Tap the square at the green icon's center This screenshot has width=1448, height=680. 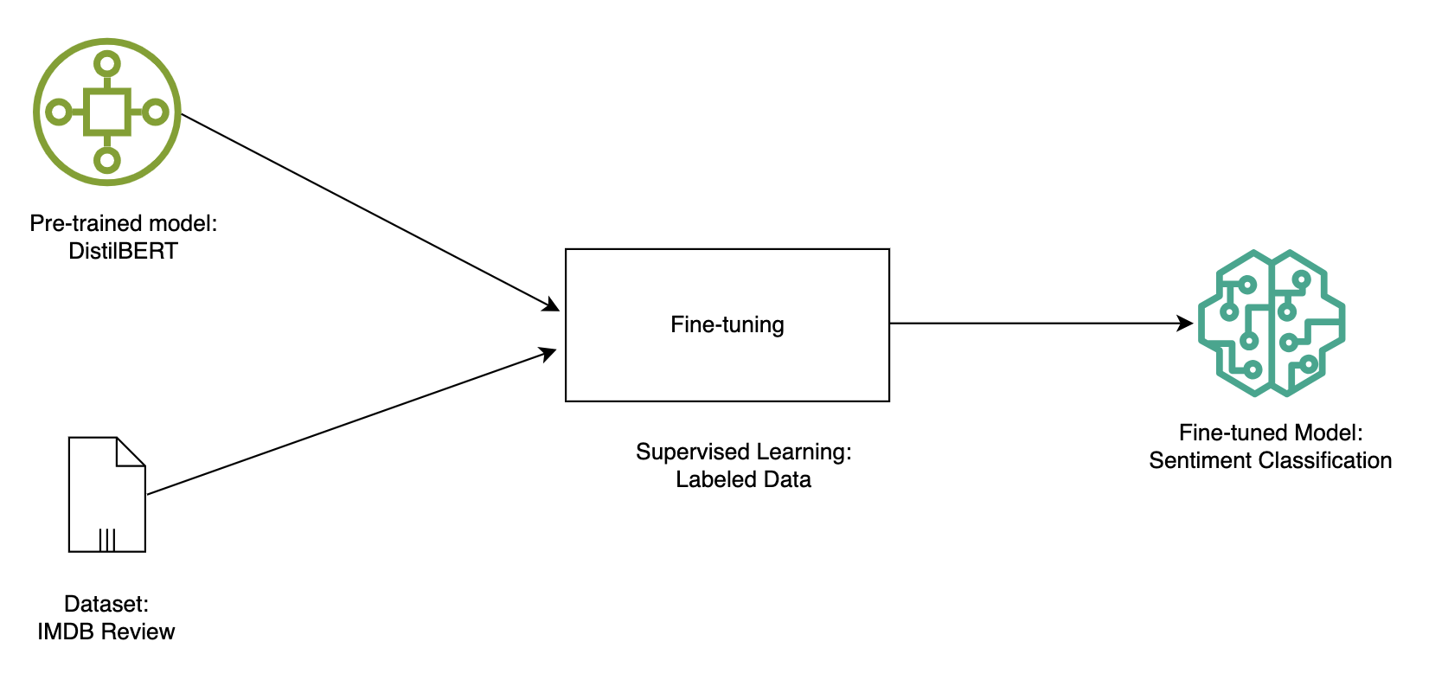click(107, 112)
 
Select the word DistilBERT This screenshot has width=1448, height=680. click(123, 251)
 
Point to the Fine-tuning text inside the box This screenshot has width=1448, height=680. click(727, 324)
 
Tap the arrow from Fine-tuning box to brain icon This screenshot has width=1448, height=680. click(1038, 324)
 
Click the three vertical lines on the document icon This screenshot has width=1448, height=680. click(106, 540)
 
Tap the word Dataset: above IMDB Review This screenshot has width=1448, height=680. click(106, 604)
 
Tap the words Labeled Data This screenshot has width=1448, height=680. click(743, 479)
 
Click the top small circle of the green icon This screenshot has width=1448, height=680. click(107, 64)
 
